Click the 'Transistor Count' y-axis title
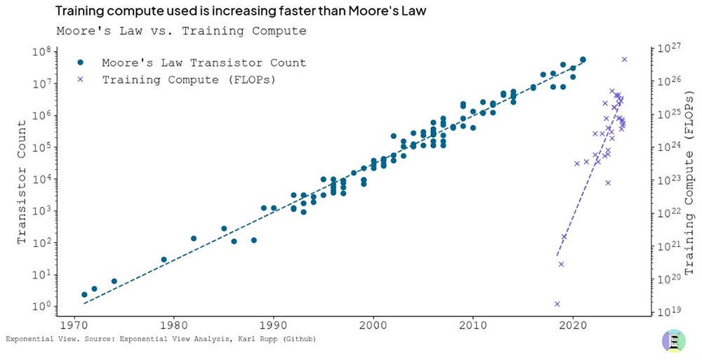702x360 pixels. point(22,182)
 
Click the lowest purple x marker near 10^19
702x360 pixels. point(557,304)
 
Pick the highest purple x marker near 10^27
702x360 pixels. point(624,59)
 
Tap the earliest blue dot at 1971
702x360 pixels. point(84,295)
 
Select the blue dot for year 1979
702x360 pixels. point(164,260)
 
